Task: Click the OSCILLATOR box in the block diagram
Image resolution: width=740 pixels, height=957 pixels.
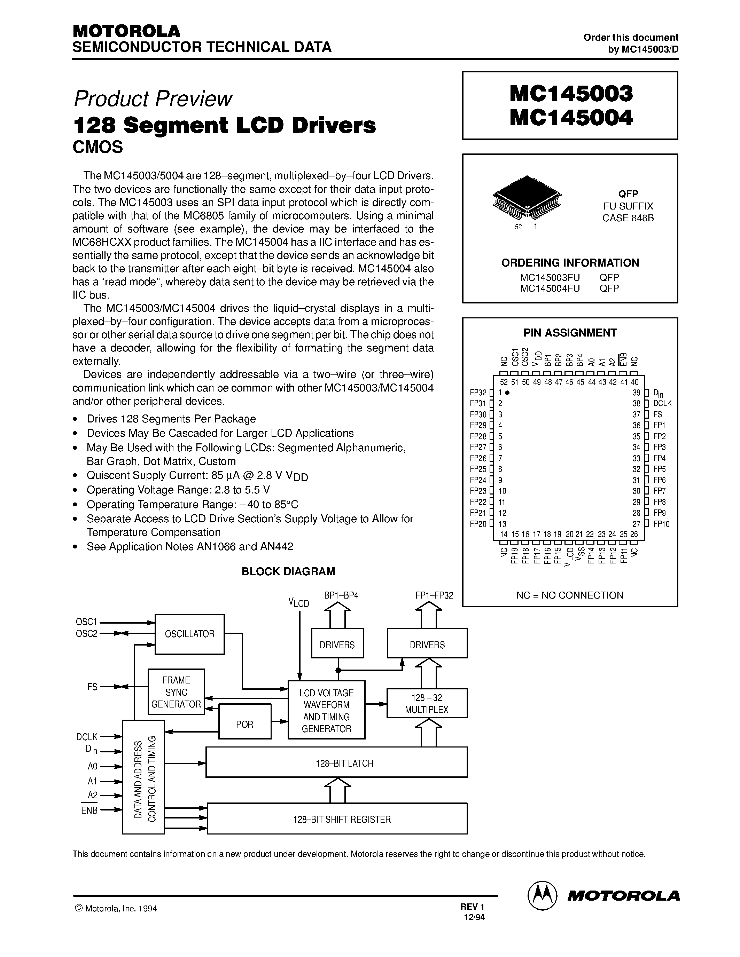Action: coord(189,634)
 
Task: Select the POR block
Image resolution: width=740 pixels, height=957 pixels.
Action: coord(244,724)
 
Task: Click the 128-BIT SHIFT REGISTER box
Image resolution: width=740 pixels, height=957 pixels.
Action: coord(337,819)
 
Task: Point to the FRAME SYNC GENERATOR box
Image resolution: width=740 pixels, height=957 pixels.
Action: coord(176,692)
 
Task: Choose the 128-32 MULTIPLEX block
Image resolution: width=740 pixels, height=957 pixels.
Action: coord(427,704)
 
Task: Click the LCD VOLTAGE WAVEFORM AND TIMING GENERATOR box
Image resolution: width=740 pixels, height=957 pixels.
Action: coord(326,710)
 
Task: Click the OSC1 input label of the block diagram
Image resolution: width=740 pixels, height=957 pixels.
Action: coord(86,622)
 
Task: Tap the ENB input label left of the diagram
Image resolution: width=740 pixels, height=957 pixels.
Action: coord(89,810)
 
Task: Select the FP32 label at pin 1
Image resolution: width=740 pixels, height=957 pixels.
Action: coord(478,393)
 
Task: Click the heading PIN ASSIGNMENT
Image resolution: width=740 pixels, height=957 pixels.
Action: coord(570,333)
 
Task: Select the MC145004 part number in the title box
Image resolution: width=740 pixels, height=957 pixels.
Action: coord(571,117)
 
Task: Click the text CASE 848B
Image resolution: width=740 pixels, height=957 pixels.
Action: coord(628,218)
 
